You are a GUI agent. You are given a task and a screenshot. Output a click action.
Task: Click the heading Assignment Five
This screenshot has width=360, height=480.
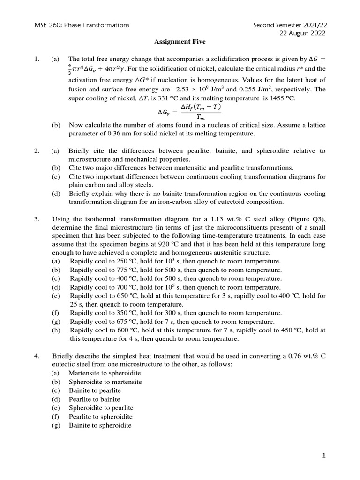[180, 42]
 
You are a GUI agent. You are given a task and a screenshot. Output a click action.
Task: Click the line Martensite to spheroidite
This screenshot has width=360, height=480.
[105, 373]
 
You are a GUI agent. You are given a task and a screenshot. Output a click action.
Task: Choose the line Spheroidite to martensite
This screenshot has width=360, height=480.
[105, 382]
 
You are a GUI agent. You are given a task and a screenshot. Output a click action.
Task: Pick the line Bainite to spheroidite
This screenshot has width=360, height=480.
[100, 426]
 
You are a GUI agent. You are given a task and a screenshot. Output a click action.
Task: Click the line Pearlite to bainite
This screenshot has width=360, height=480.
[95, 399]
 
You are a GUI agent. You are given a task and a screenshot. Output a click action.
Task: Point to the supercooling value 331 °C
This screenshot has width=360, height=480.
[164, 98]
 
